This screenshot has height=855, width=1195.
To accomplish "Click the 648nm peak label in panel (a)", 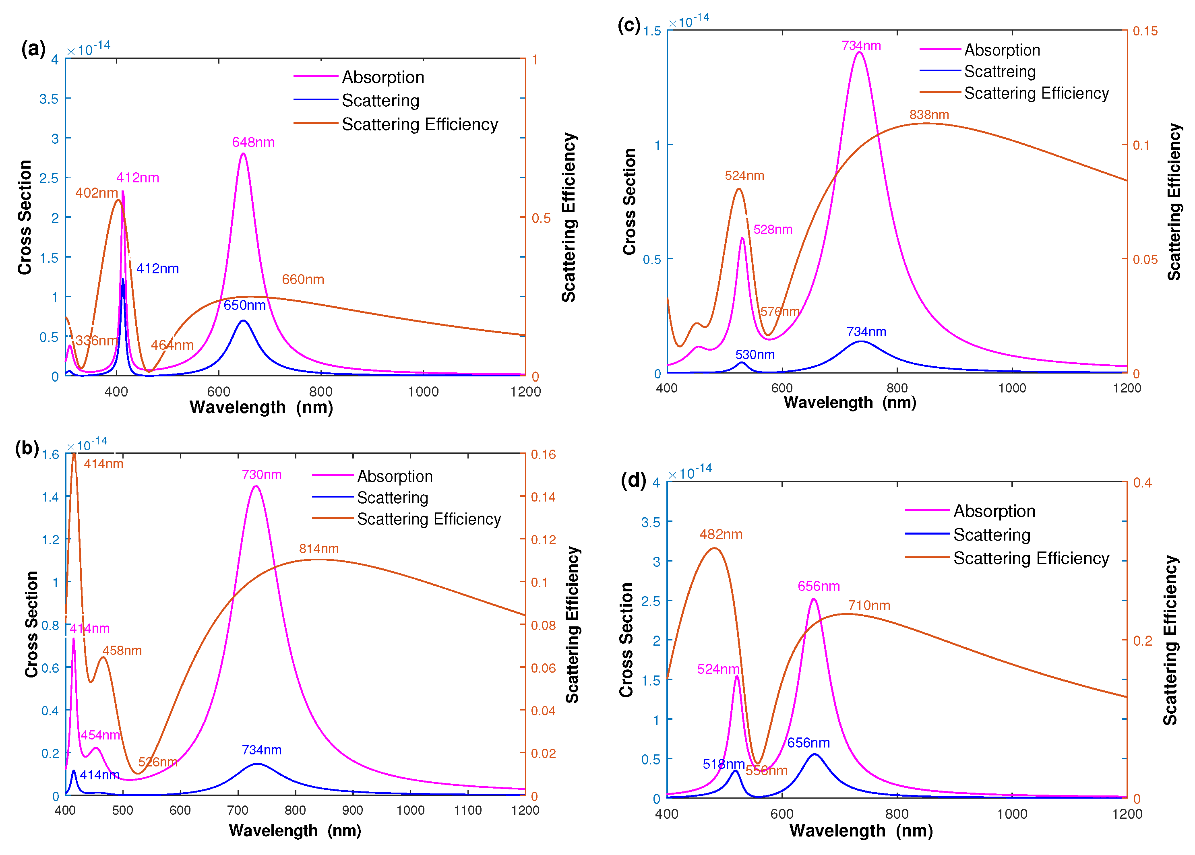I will pos(253,142).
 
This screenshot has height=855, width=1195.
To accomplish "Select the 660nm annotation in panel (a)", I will pos(303,279).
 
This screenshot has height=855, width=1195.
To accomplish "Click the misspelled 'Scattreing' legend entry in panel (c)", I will pos(999,71).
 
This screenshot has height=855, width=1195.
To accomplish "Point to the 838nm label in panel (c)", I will pos(928,114).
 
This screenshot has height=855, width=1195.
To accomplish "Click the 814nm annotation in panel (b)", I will pos(318,549).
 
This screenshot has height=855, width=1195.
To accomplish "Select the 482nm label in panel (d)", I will pos(720,535).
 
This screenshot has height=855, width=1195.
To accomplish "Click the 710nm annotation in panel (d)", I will pos(868,605).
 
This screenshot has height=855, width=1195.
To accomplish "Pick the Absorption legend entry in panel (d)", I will pos(994,511).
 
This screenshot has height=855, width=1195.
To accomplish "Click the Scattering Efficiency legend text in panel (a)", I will pos(420,124).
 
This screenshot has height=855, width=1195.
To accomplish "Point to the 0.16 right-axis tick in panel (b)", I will pos(543,454).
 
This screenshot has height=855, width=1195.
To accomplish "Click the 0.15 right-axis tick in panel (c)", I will pos(1145,31).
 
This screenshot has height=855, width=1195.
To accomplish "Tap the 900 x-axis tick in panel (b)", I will pos(352,810).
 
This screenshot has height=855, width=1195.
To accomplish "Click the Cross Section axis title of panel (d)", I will pos(626,640).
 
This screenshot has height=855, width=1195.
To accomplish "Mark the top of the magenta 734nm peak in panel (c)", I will pos(860,52).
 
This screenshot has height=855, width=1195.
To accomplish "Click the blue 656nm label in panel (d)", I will pos(808,743).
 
